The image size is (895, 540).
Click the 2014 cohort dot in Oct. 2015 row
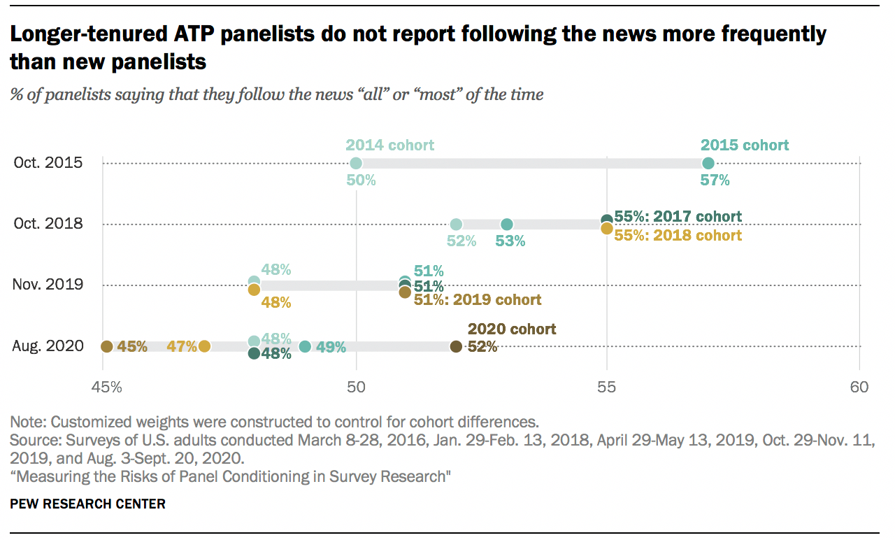pos(356,163)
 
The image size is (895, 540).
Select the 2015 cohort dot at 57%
pos(708,163)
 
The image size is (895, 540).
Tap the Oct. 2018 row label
pos(48,224)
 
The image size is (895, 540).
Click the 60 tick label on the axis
pos(859,387)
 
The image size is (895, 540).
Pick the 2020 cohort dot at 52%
pos(456,346)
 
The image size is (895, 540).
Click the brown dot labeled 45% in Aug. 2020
pos(106,346)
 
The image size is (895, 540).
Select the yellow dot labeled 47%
pos(204,346)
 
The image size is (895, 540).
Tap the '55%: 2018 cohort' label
pos(678,236)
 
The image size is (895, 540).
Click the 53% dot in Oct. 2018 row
pos(507,225)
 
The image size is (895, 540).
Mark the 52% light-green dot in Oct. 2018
pos(456,225)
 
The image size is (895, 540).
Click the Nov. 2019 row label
pos(48,285)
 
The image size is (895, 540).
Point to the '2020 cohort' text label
pos(512,329)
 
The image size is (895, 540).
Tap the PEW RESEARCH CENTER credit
pos(87,504)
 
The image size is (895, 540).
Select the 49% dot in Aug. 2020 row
pos(305,346)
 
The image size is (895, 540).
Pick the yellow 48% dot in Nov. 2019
pos(254,290)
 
